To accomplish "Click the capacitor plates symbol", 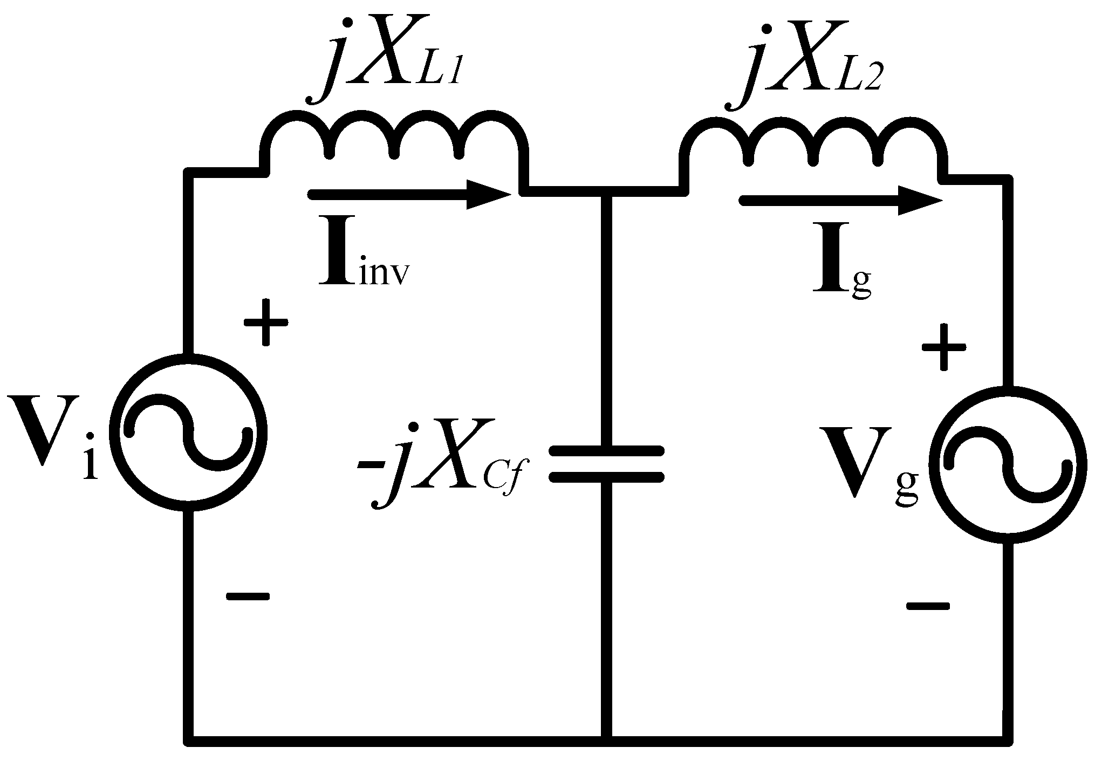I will click(606, 463).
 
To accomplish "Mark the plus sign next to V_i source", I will click(265, 323).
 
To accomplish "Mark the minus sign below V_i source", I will click(247, 596).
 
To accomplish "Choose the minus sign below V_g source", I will click(928, 606).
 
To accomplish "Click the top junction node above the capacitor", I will click(606, 191).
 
